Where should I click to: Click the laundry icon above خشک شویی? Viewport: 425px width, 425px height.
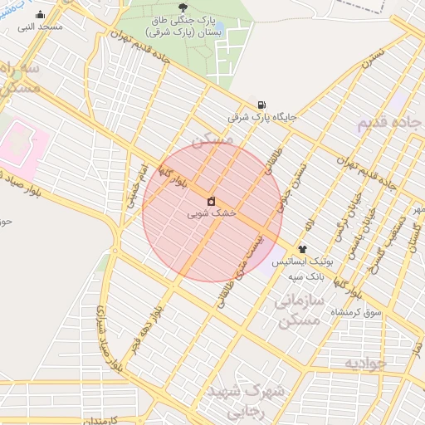coord(212,202)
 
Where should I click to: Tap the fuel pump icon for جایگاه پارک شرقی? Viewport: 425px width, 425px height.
coord(262,105)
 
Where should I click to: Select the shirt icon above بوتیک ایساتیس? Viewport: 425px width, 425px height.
coord(302,249)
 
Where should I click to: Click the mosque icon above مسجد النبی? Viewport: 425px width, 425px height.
coord(41,15)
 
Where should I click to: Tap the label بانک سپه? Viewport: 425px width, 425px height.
coord(306,275)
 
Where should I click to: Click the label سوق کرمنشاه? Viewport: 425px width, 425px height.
coord(356,312)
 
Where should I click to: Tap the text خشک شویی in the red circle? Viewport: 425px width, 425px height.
coord(212,214)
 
